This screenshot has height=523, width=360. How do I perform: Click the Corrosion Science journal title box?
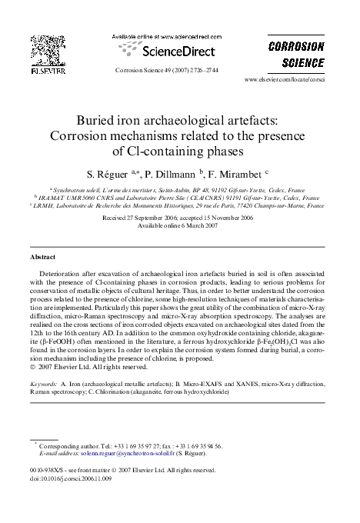point(295,54)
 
